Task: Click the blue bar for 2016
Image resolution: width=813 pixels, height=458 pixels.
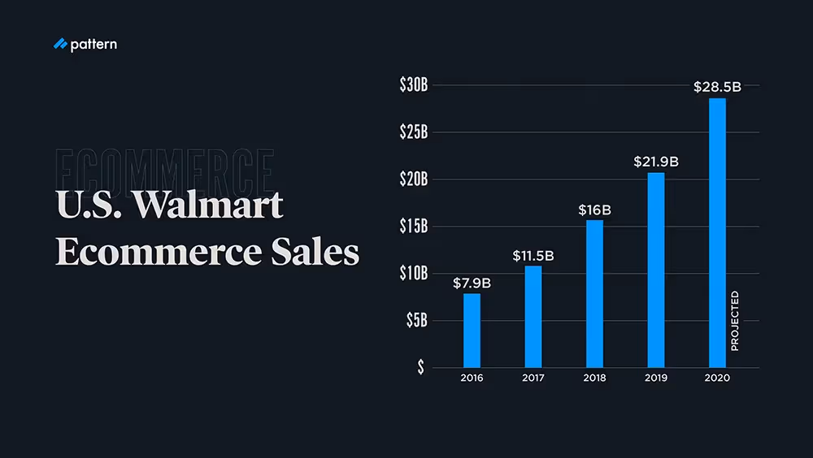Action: tap(472, 330)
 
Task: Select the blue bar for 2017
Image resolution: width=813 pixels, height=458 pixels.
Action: tap(533, 316)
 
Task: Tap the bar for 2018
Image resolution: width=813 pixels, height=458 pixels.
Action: tap(594, 293)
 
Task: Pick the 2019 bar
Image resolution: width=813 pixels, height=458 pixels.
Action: tap(656, 270)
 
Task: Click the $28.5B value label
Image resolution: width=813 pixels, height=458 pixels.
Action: tap(717, 87)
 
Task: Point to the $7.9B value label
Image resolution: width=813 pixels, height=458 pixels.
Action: tap(472, 283)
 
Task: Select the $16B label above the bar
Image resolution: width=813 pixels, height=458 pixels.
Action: tap(594, 210)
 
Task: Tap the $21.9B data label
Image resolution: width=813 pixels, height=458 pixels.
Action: tap(656, 162)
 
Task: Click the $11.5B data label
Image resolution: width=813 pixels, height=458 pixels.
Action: tap(533, 256)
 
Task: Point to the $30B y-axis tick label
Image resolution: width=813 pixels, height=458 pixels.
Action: tap(413, 85)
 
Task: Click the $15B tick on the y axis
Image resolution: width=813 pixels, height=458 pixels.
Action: tap(413, 226)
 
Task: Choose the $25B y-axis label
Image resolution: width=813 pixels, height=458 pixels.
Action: tap(413, 132)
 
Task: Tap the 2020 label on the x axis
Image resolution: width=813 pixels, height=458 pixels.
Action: tap(717, 378)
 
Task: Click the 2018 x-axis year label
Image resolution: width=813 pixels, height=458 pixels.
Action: tap(594, 378)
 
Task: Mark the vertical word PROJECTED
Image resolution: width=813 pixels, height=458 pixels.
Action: tap(735, 321)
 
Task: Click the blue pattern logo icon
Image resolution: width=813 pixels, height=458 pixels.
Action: tap(59, 45)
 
